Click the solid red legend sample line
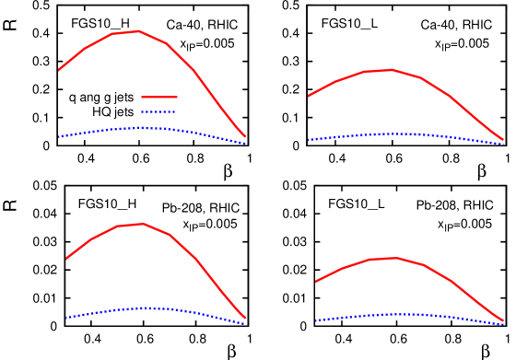(x=158, y=97)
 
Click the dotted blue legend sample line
(x=158, y=111)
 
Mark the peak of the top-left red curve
(x=138, y=31)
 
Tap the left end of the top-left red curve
(x=59, y=69)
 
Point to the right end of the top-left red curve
(x=245, y=136)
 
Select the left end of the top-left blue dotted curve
(x=59, y=136)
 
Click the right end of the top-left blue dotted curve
(x=245, y=144)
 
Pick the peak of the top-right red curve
(x=391, y=69)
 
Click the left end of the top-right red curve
(x=309, y=96)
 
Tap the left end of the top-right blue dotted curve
(x=309, y=140)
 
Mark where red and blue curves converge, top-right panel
(x=503, y=142)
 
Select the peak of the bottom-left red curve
(x=143, y=224)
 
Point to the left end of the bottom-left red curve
(x=66, y=258)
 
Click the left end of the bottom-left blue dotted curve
(x=66, y=318)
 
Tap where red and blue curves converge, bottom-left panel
(x=245, y=320)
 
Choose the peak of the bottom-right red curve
(x=396, y=258)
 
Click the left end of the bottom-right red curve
(x=316, y=282)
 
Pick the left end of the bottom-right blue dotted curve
(x=316, y=320)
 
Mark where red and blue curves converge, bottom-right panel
(x=503, y=322)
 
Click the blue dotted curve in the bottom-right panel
(x=405, y=314)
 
